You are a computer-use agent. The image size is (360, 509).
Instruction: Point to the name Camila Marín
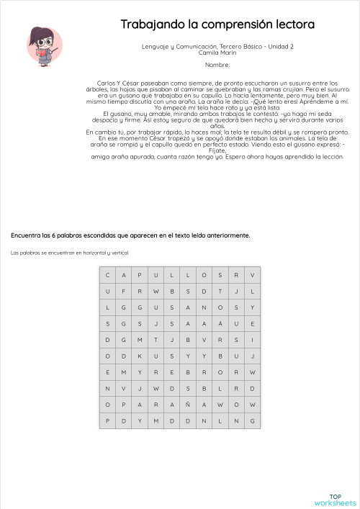coord(217,53)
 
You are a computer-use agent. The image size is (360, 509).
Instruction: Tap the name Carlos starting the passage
coord(107,83)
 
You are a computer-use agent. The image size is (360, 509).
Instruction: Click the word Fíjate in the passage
coord(217,151)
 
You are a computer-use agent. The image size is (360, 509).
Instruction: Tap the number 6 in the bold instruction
coord(68,235)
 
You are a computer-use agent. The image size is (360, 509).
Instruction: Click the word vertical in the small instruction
coord(119,253)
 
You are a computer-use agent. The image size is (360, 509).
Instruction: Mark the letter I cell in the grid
coord(253,340)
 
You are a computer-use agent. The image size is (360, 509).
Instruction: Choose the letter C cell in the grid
coord(107,275)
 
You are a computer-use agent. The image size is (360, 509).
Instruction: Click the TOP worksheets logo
coord(336,500)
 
